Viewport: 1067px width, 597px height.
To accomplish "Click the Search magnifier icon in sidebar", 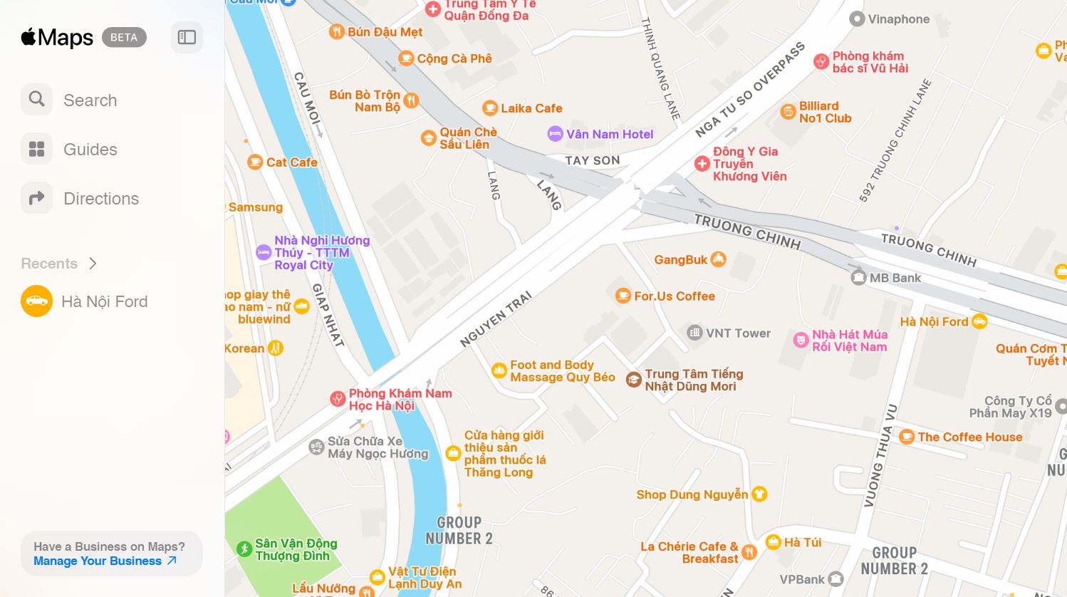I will [36, 99].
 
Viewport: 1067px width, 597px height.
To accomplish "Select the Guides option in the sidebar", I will [90, 150].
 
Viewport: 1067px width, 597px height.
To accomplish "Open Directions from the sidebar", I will [100, 199].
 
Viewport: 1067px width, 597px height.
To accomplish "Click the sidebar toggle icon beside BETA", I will [187, 37].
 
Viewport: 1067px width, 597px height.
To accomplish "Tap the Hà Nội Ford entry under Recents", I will [104, 301].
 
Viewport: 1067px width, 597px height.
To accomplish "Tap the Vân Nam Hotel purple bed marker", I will [555, 133].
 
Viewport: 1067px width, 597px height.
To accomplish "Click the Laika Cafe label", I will [531, 108].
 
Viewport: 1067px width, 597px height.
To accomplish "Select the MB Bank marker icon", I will [858, 277].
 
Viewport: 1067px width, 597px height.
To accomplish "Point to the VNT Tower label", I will [738, 333].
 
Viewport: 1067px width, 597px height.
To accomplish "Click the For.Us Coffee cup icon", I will [623, 295].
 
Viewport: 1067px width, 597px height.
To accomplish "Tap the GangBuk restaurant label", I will [681, 260].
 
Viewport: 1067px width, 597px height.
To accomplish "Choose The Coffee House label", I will [969, 437].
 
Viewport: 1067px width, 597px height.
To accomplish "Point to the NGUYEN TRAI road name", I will [496, 319].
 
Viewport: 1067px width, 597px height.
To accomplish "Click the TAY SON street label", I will [592, 161].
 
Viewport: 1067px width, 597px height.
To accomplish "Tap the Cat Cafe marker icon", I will [255, 162].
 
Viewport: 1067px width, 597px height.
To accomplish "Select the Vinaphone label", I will [898, 19].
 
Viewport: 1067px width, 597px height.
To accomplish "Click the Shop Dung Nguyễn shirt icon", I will [759, 494].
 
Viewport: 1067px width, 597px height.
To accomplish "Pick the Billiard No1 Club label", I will [825, 112].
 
